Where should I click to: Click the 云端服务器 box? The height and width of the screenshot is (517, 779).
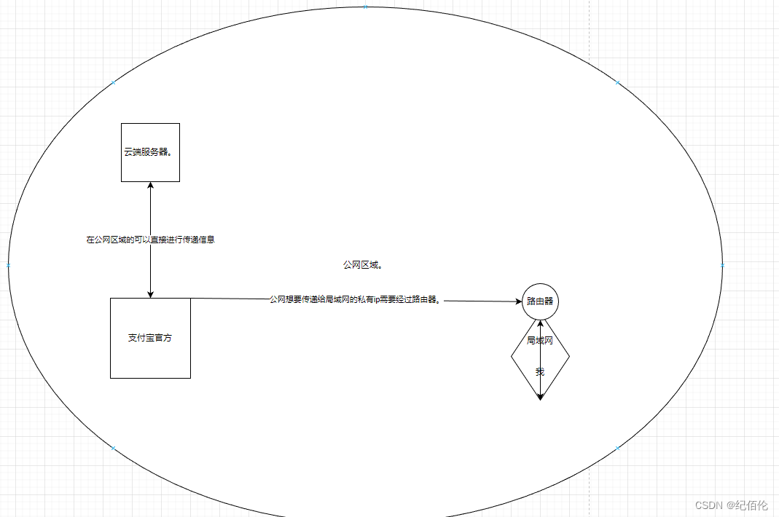[150, 152]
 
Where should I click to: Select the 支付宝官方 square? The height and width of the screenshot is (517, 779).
[150, 338]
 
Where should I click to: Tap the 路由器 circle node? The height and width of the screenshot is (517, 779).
[540, 301]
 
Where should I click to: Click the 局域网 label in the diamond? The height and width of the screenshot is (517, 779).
[540, 340]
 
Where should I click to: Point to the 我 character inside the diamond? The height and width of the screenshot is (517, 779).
[540, 371]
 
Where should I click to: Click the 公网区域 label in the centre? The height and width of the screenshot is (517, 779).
[363, 265]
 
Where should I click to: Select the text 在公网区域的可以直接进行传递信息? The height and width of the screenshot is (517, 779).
[150, 239]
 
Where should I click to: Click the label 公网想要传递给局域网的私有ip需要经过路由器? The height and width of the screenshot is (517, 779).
[355, 299]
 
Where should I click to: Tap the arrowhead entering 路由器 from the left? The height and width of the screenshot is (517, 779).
[517, 301]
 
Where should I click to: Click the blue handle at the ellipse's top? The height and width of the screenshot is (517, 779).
[366, 7]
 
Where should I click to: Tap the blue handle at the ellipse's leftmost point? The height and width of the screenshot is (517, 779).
[9, 265]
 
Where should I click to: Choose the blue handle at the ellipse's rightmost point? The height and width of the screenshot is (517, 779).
[722, 265]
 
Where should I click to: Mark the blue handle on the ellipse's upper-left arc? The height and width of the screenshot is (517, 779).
[113, 83]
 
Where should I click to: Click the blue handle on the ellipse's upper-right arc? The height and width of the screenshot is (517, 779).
[618, 83]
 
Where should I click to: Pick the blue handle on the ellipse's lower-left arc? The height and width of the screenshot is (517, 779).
[113, 448]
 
